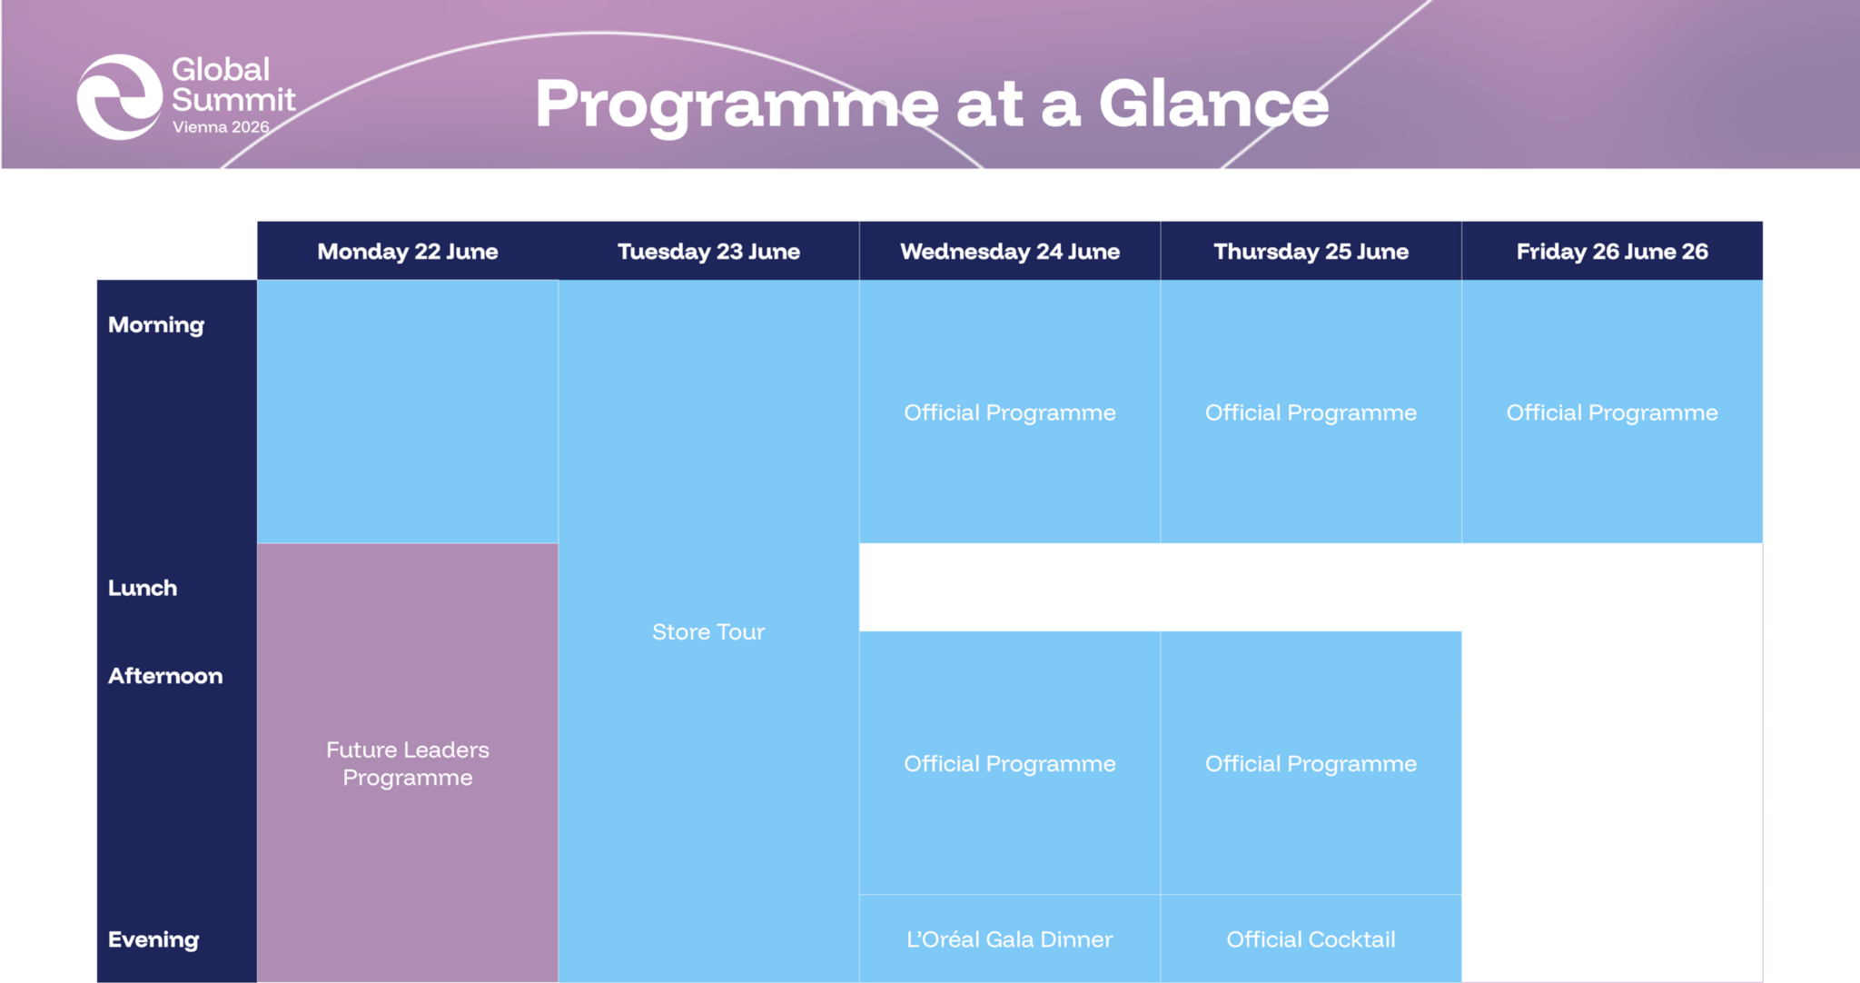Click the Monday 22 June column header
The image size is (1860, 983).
click(408, 252)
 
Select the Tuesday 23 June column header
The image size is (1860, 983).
click(708, 252)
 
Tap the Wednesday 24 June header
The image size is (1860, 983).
click(1010, 252)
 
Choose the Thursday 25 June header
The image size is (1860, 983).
click(1311, 252)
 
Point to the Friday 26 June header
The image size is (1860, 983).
click(1612, 252)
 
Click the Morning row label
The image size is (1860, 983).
click(156, 325)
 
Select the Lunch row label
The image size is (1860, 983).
click(143, 588)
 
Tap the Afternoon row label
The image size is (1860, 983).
click(165, 676)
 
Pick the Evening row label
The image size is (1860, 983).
click(153, 939)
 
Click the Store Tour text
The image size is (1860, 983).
click(708, 631)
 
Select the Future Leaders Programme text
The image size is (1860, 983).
click(408, 763)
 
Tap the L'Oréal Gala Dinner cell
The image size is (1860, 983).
click(1010, 938)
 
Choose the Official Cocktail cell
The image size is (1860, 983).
click(1311, 938)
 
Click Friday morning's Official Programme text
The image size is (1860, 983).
click(1612, 412)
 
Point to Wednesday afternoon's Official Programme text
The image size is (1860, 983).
click(1010, 764)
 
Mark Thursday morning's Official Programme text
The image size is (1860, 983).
click(1311, 412)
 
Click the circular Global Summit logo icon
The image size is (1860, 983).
click(120, 97)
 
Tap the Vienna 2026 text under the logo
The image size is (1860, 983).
click(221, 127)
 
